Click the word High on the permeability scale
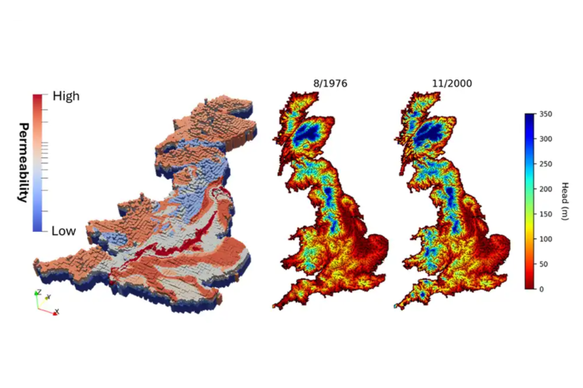pos(65,96)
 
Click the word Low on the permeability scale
pos(64,231)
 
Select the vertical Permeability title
pos(24,162)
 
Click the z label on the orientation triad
pos(38,291)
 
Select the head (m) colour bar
pos(529,201)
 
